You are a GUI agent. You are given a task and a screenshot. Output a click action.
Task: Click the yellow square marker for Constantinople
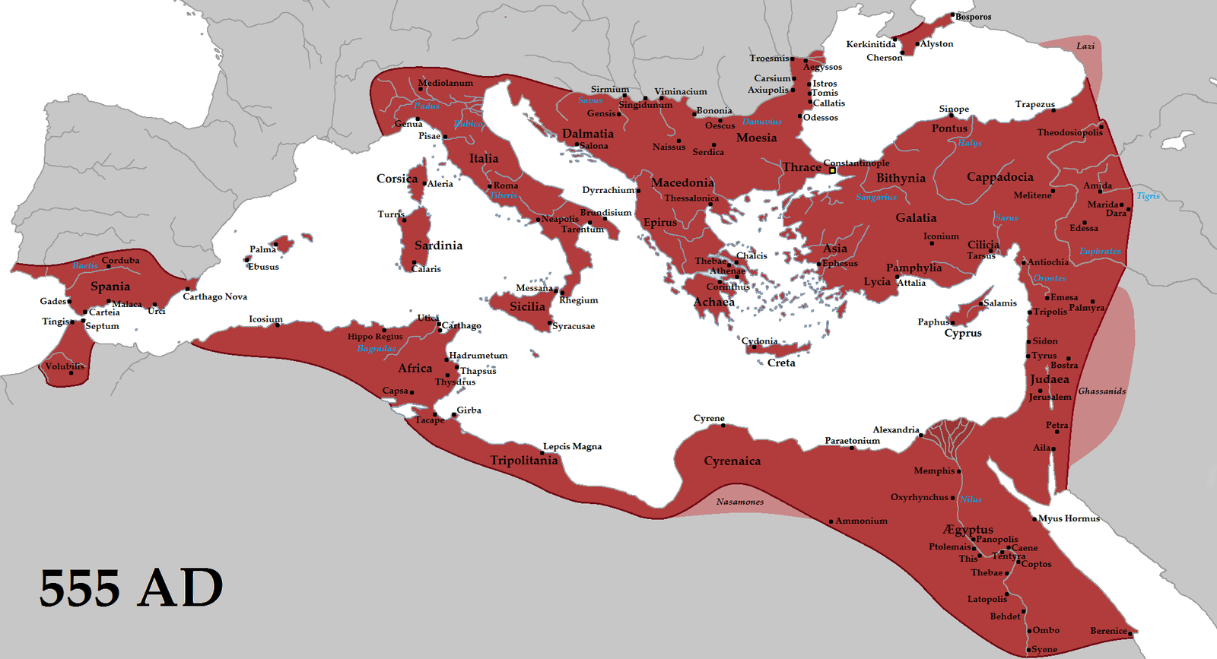pos(832,170)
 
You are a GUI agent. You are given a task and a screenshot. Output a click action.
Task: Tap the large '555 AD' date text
pos(131,588)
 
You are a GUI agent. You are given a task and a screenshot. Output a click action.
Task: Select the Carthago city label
pos(462,325)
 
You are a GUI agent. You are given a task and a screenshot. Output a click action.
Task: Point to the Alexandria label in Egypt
pos(896,429)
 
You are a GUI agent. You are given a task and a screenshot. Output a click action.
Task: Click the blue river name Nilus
pos(971,499)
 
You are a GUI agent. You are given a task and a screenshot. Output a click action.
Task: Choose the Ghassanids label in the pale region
pos(1102,391)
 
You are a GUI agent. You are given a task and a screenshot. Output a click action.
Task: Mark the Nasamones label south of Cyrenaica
pos(740,502)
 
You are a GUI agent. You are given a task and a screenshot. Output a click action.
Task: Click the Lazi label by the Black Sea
pos(1085,46)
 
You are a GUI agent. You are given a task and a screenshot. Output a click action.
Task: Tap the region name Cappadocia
pos(1000,177)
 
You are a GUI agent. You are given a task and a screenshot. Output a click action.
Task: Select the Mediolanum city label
pos(446,83)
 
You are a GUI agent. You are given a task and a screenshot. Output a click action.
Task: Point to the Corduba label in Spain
pos(121,260)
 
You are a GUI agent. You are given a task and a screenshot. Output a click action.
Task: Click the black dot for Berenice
pos(1131,632)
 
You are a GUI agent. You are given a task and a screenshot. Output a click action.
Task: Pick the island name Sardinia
pos(439,246)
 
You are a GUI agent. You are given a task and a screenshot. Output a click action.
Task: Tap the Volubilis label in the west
pos(65,366)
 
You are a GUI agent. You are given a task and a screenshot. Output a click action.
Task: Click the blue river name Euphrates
pos(1100,251)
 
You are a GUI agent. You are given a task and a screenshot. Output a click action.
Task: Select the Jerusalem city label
pos(1050,397)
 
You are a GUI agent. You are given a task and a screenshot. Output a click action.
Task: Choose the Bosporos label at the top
pos(974,17)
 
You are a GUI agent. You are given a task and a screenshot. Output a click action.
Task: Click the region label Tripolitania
pos(524,461)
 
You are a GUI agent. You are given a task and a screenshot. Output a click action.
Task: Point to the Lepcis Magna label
pos(572,446)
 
